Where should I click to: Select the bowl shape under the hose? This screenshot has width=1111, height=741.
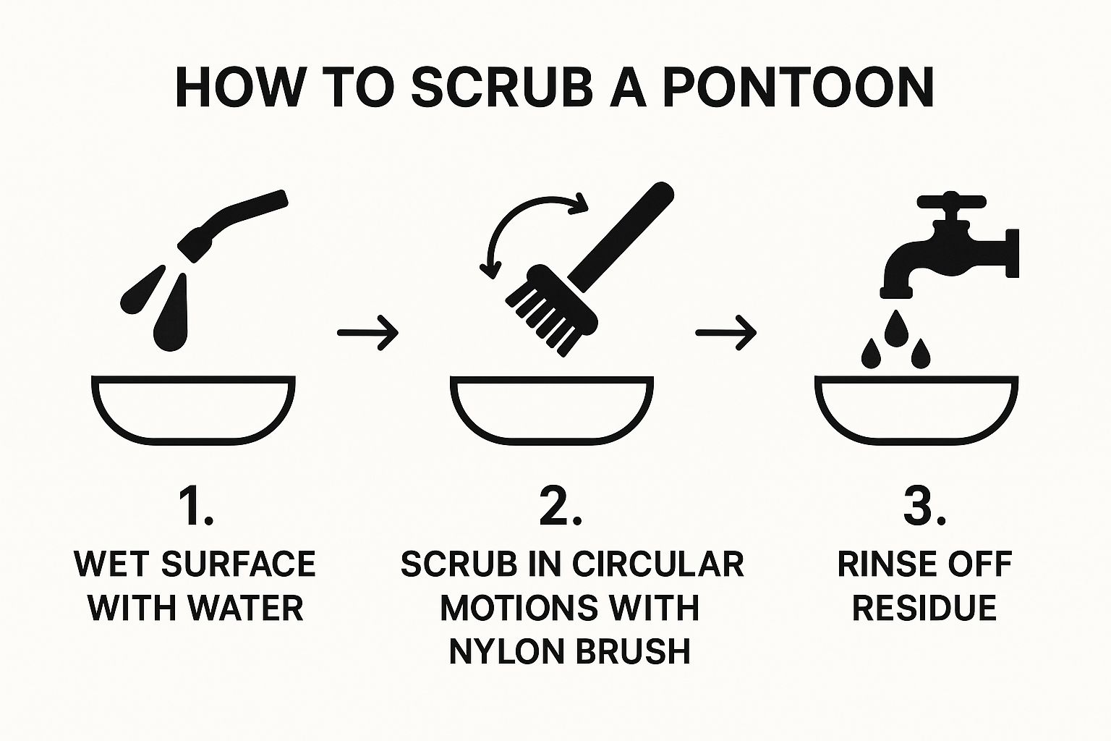pyautogui.click(x=193, y=410)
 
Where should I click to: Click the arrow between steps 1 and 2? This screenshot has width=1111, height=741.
pyautogui.click(x=367, y=333)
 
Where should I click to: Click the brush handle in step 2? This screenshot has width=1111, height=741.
pyautogui.click(x=623, y=237)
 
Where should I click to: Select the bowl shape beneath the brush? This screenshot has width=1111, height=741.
pyautogui.click(x=552, y=410)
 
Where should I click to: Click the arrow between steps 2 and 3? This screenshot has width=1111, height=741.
pyautogui.click(x=726, y=333)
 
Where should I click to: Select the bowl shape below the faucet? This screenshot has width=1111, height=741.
pyautogui.click(x=916, y=410)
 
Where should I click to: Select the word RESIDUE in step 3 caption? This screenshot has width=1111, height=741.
pyautogui.click(x=924, y=608)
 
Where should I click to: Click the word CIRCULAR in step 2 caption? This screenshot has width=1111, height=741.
pyautogui.click(x=657, y=564)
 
